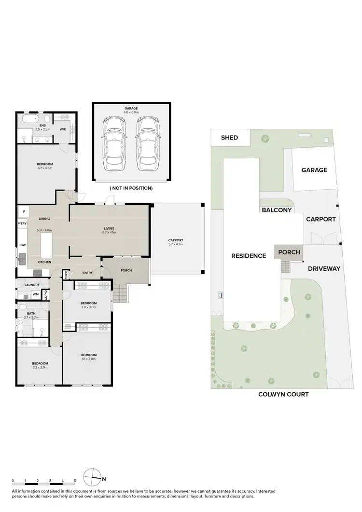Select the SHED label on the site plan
point(229,138)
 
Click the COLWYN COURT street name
point(283,394)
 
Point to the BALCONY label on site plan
point(277,210)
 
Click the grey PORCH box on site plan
point(288,252)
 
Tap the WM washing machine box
point(36,294)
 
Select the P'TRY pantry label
point(22,224)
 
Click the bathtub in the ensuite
point(27,119)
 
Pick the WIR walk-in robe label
point(63,129)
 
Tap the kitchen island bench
point(46,244)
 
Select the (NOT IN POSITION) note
point(131,188)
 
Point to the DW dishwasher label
point(23,245)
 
